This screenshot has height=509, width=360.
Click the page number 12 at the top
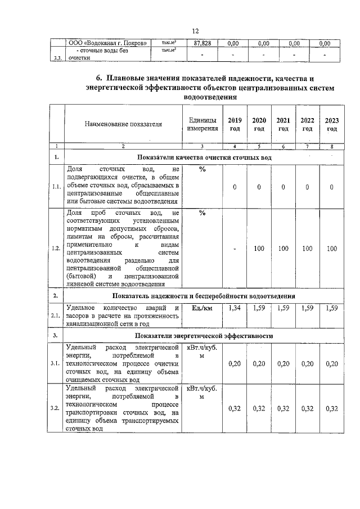(x=195, y=31)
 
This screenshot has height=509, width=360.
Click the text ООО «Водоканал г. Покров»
(x=108, y=43)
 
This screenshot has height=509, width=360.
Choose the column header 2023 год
(x=332, y=124)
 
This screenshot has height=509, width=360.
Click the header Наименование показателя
(x=123, y=124)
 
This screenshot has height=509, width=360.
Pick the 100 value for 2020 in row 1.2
(x=259, y=248)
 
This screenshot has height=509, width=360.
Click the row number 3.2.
(x=55, y=408)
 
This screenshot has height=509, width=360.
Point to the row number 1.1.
(x=55, y=187)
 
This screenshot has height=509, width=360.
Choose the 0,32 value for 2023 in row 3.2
(x=332, y=408)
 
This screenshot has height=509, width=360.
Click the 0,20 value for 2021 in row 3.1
(x=283, y=364)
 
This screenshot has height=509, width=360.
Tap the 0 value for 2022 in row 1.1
(x=308, y=187)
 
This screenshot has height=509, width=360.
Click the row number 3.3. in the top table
(x=55, y=57)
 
